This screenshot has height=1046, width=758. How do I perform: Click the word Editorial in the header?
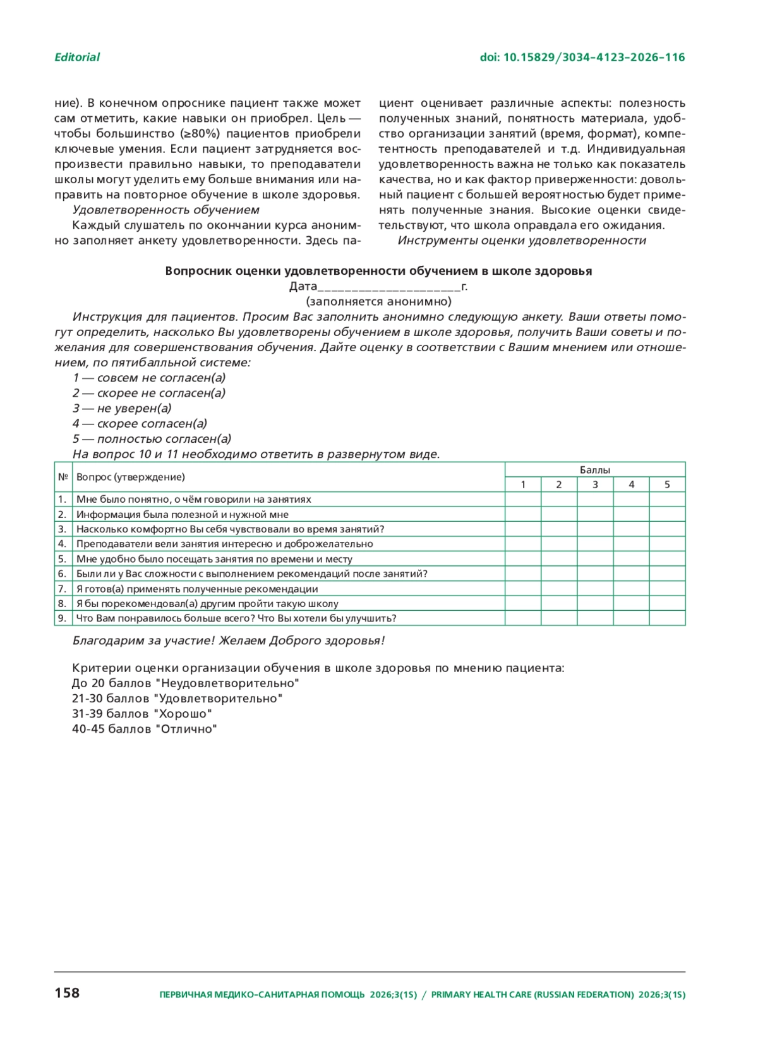pyautogui.click(x=76, y=57)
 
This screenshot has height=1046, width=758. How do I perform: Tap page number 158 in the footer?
pyautogui.click(x=67, y=994)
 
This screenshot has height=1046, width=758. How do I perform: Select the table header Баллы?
pyautogui.click(x=594, y=470)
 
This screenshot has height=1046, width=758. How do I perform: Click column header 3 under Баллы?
pyautogui.click(x=594, y=484)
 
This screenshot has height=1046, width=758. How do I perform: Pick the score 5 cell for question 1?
pyautogui.click(x=667, y=499)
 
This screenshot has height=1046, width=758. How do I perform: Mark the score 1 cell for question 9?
pyautogui.click(x=522, y=618)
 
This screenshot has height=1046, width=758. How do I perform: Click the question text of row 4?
pyautogui.click(x=224, y=544)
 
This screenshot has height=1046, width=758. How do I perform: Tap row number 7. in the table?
pyautogui.click(x=62, y=589)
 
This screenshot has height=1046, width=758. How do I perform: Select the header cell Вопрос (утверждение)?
pyautogui.click(x=131, y=477)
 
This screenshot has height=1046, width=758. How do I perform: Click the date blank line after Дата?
pyautogui.click(x=389, y=287)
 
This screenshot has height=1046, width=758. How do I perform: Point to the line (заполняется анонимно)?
pyautogui.click(x=378, y=301)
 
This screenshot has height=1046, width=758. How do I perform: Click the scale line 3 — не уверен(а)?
pyautogui.click(x=122, y=408)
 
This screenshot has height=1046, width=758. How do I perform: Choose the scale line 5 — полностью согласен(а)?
pyautogui.click(x=152, y=439)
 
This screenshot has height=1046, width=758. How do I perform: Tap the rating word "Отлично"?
pyautogui.click(x=186, y=729)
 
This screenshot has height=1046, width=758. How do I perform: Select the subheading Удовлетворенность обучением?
pyautogui.click(x=165, y=210)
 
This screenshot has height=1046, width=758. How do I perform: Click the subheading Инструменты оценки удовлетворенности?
pyautogui.click(x=522, y=241)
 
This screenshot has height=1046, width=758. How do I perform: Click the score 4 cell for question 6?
pyautogui.click(x=630, y=574)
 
